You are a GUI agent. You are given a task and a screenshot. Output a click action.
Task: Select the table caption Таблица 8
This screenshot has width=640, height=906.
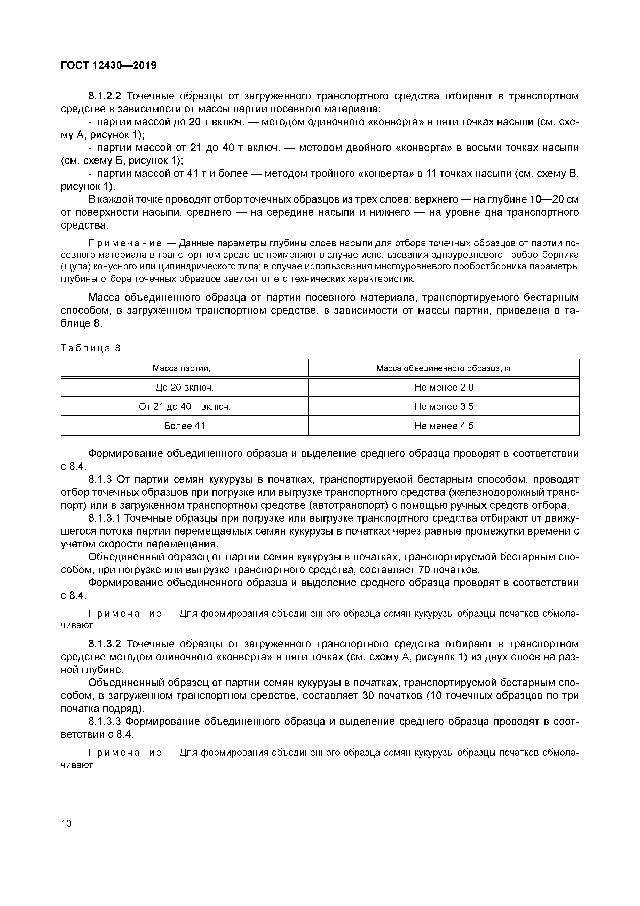[x=90, y=348]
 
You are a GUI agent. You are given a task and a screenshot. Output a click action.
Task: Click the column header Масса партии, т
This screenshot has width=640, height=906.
[x=185, y=369]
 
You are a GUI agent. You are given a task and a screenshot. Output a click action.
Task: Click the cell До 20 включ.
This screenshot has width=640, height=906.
[x=185, y=388]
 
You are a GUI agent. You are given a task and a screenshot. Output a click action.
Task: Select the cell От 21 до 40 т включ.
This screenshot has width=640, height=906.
[x=185, y=406]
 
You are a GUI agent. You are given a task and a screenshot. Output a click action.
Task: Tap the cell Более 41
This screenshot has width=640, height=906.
[x=185, y=426]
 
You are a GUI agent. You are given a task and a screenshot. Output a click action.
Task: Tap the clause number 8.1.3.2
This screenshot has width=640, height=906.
[x=105, y=644]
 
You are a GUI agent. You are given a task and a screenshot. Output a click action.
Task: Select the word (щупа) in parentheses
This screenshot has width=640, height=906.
[x=76, y=267]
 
